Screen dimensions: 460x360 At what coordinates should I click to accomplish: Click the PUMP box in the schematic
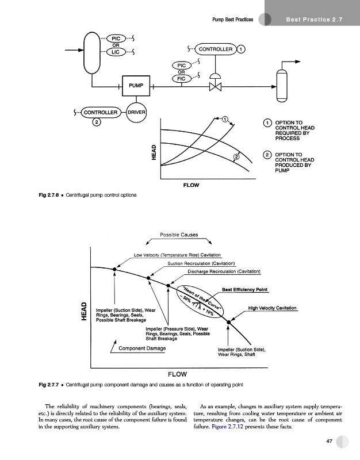tap(136, 86)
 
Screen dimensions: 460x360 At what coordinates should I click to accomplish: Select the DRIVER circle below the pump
tap(136, 112)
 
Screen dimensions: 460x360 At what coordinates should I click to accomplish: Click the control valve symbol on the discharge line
tap(216, 86)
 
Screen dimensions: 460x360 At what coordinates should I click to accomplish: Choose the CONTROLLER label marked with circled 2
tap(101, 112)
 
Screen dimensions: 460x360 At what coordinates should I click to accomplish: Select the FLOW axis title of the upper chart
tap(191, 185)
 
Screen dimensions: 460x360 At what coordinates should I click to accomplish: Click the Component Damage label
tap(142, 348)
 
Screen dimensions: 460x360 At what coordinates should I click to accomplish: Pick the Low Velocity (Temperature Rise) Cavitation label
tap(177, 255)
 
